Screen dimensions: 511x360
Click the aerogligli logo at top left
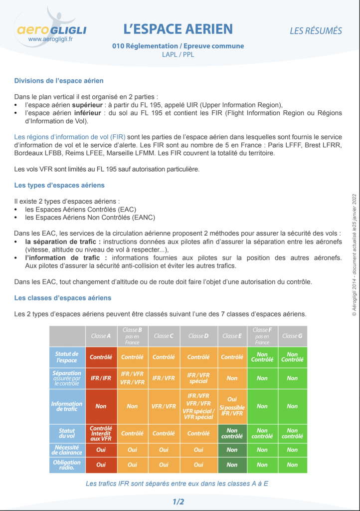pyautogui.click(x=50, y=28)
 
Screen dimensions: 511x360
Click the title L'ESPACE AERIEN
pyautogui.click(x=178, y=28)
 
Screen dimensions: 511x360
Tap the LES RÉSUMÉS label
pyautogui.click(x=316, y=31)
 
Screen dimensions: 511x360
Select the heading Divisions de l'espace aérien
pyautogui.click(x=59, y=80)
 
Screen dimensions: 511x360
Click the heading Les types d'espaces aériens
pyautogui.click(x=59, y=185)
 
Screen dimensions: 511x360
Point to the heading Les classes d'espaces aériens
pyautogui.click(x=63, y=298)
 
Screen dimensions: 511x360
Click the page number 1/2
pyautogui.click(x=178, y=502)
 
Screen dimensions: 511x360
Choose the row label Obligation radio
pyautogui.click(x=67, y=464)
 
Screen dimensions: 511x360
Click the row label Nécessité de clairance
pyautogui.click(x=67, y=450)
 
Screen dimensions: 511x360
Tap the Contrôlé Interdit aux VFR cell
pyautogui.click(x=101, y=433)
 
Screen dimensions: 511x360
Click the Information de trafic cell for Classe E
pyautogui.click(x=232, y=406)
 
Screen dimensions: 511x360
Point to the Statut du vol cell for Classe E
pyautogui.click(x=232, y=433)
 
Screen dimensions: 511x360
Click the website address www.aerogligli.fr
pyautogui.click(x=51, y=38)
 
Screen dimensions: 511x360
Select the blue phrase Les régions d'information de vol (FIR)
pyautogui.click(x=70, y=137)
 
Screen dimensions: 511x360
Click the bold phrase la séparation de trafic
pyautogui.click(x=63, y=242)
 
